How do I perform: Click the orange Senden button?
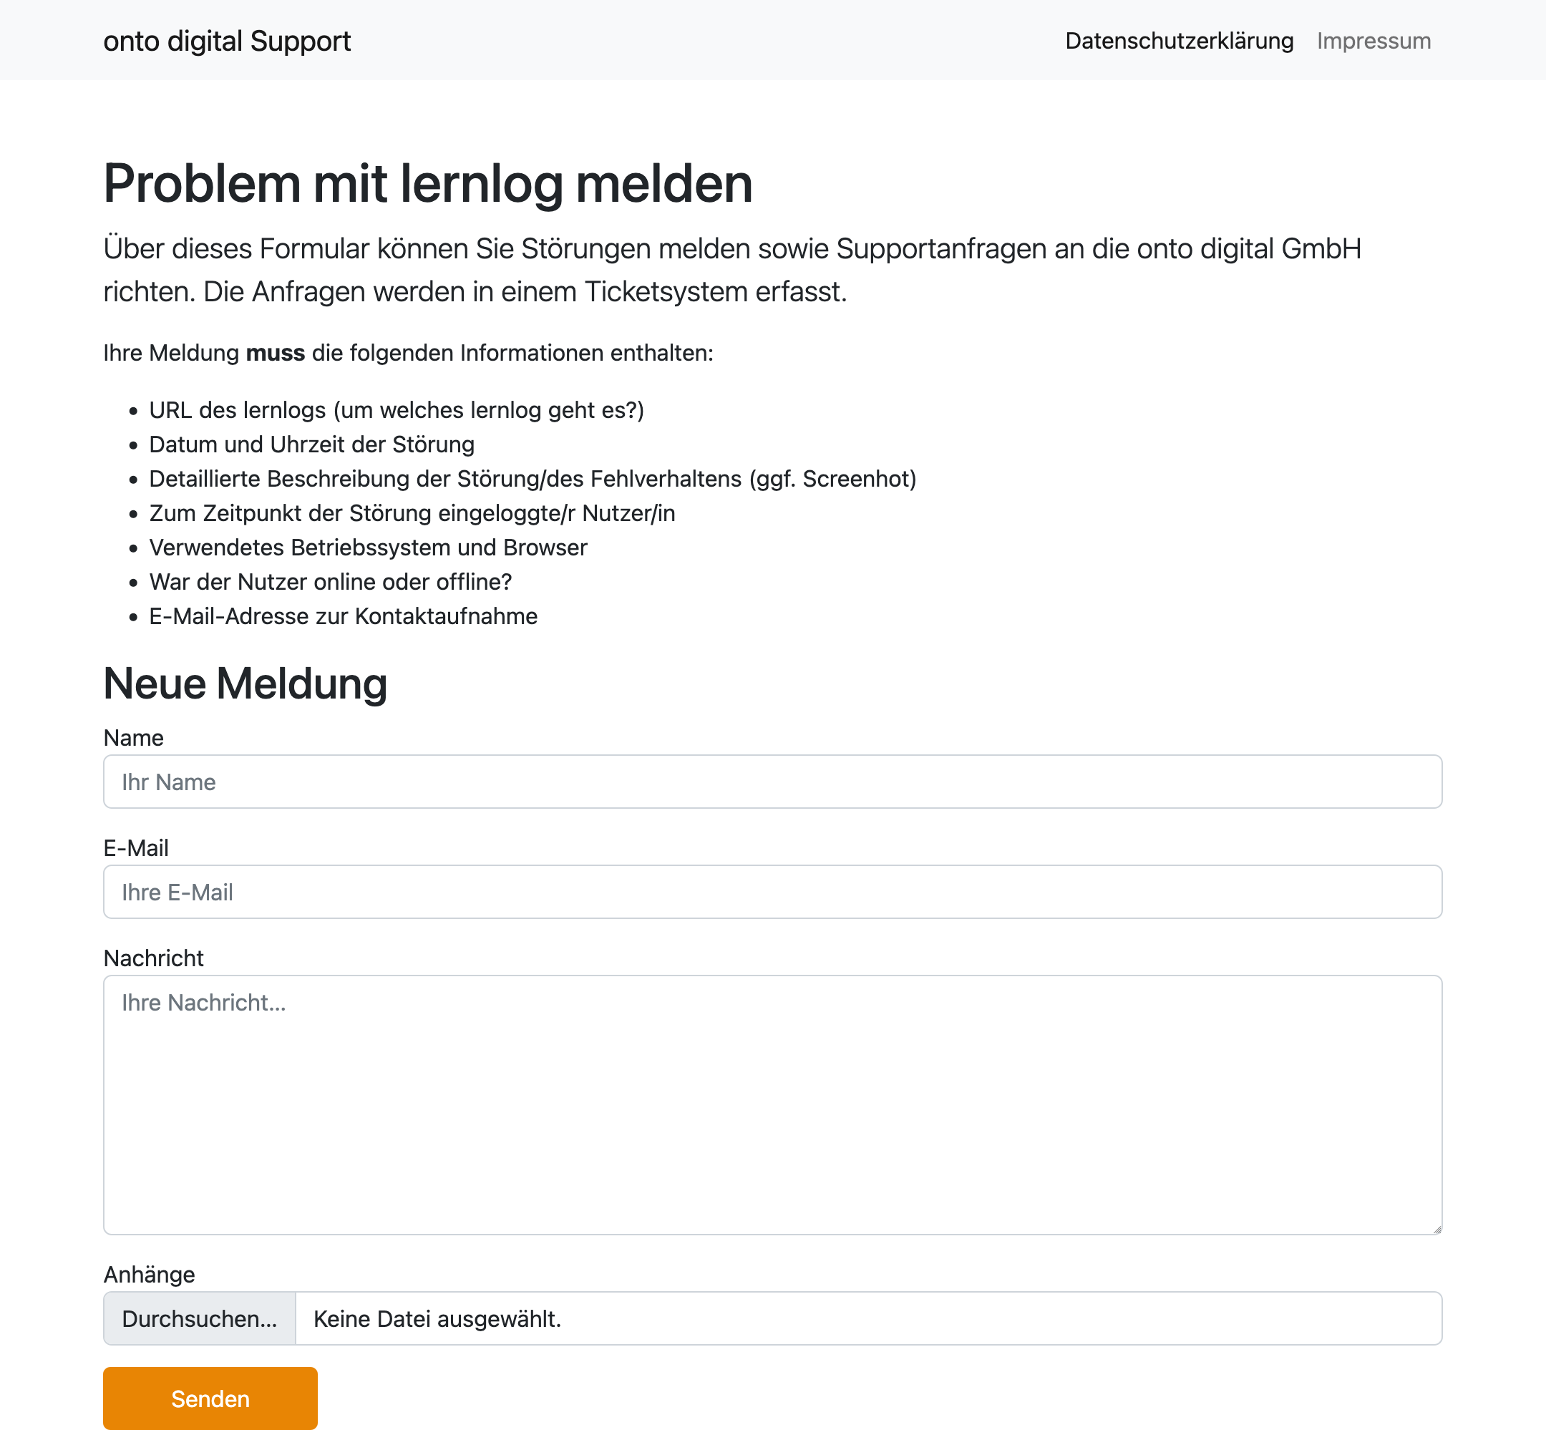pyautogui.click(x=210, y=1399)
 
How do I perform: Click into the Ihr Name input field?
pyautogui.click(x=772, y=782)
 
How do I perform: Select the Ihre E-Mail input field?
pyautogui.click(x=772, y=892)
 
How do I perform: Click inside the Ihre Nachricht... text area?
pyautogui.click(x=772, y=1104)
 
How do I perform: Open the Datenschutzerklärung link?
pyautogui.click(x=1178, y=41)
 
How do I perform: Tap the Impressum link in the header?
pyautogui.click(x=1374, y=41)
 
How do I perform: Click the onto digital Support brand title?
pyautogui.click(x=227, y=41)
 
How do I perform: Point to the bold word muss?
pyautogui.click(x=276, y=353)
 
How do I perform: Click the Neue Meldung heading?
pyautogui.click(x=245, y=684)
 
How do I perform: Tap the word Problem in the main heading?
pyautogui.click(x=202, y=184)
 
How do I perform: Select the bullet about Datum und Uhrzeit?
pyautogui.click(x=312, y=444)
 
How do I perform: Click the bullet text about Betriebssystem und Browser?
pyautogui.click(x=369, y=547)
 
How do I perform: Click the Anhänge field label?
pyautogui.click(x=150, y=1275)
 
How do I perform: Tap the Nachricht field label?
pyautogui.click(x=153, y=958)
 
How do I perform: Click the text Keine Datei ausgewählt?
pyautogui.click(x=437, y=1318)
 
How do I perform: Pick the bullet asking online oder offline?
pyautogui.click(x=331, y=582)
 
